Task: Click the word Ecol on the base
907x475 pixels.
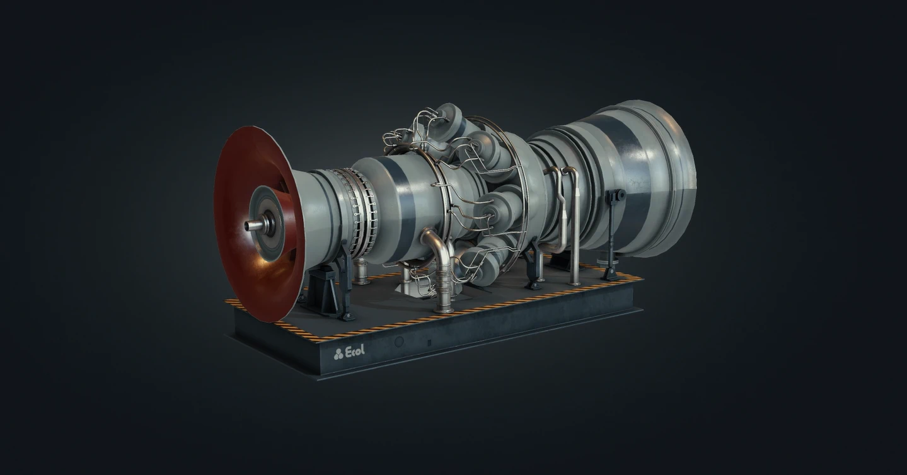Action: click(x=355, y=351)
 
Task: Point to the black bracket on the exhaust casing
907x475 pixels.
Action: click(x=615, y=197)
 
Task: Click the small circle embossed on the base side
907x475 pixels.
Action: click(x=399, y=342)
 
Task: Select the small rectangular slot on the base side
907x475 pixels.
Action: click(x=430, y=342)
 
